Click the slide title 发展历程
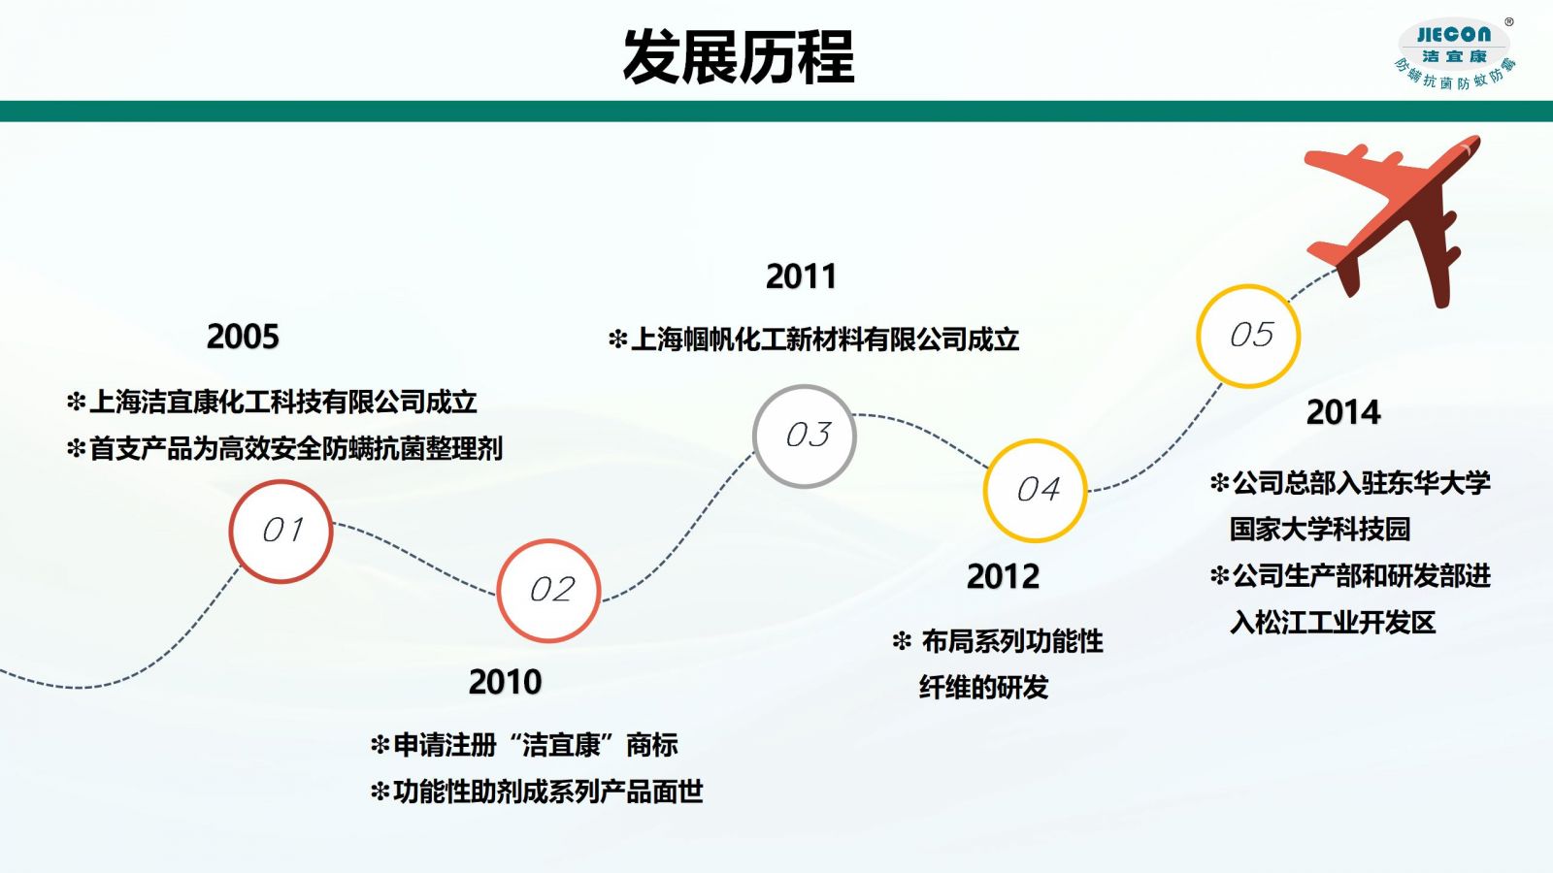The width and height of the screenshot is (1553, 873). (739, 57)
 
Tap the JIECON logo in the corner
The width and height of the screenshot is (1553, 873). (1455, 54)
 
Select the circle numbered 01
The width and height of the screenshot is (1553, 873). (281, 532)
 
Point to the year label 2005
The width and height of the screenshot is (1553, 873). (243, 337)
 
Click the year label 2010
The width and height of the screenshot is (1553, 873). (505, 682)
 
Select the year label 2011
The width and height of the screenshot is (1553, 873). (801, 276)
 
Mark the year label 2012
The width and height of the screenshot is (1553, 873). (1004, 576)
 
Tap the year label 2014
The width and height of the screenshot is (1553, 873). (1343, 412)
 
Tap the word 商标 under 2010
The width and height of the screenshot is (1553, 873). (651, 745)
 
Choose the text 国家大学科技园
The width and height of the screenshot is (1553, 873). (1320, 529)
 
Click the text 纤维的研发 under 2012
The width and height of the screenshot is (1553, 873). (984, 688)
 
